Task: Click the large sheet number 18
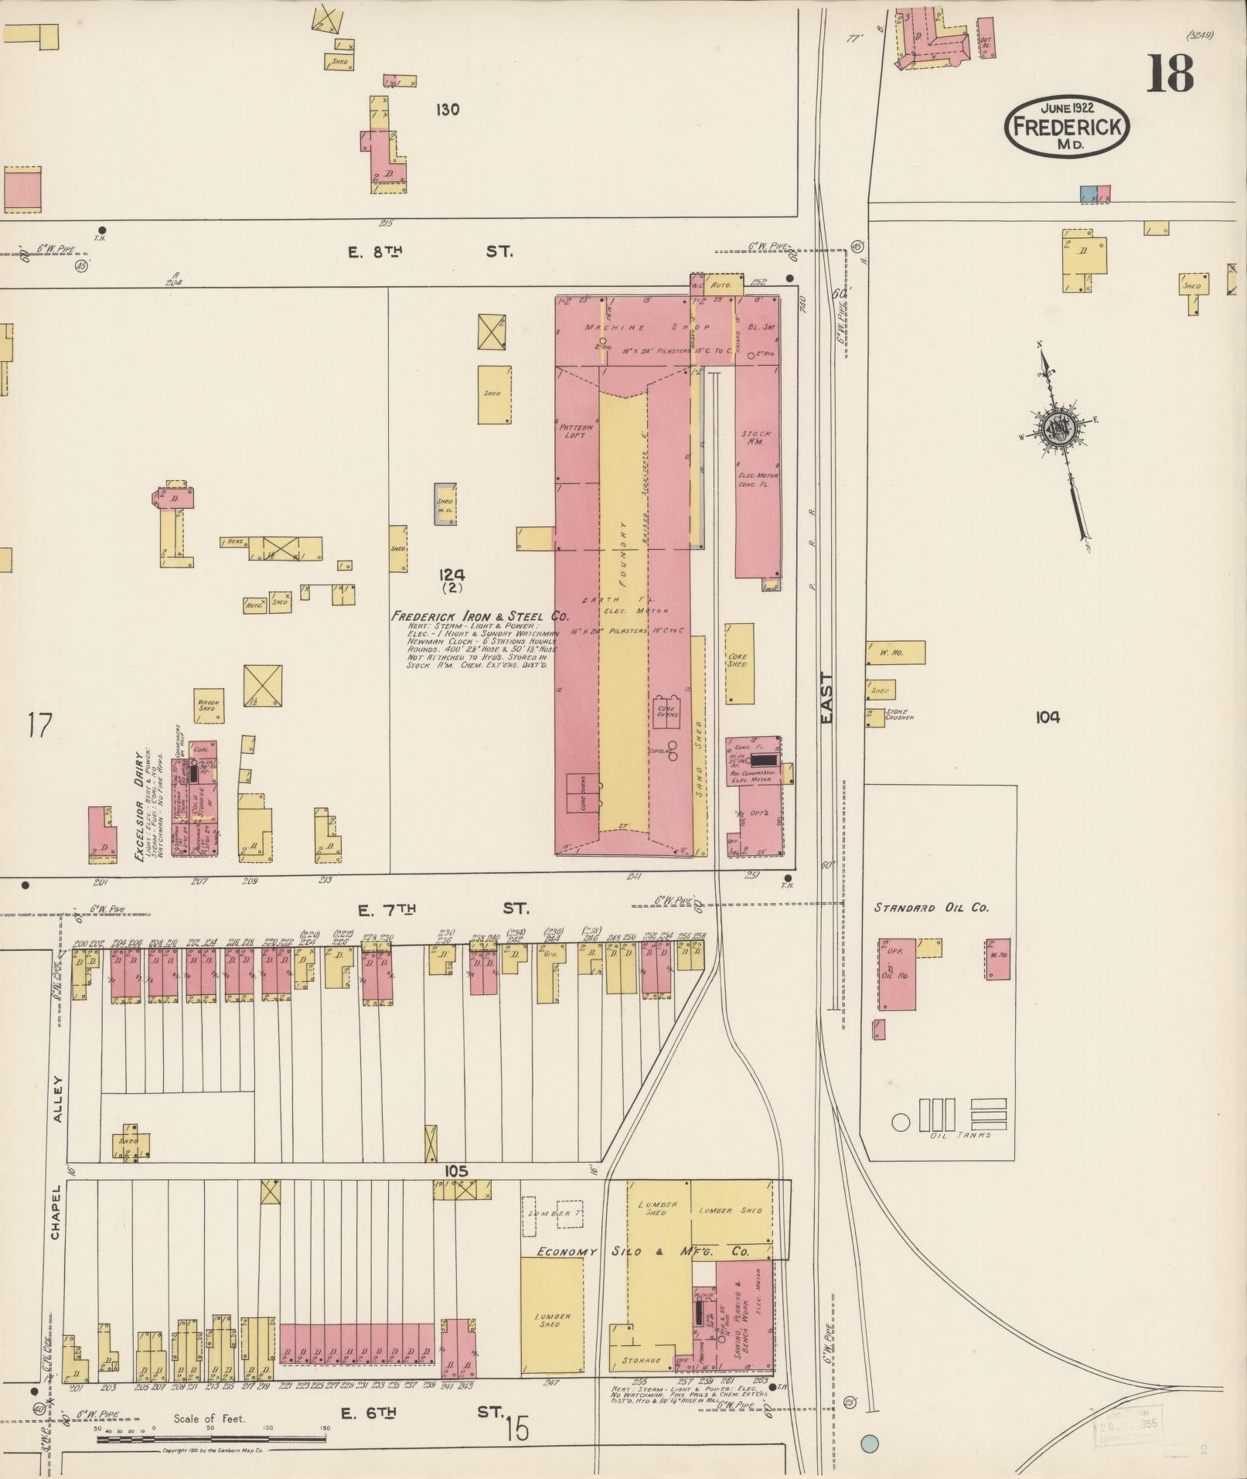[x=1169, y=73]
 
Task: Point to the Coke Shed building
[x=739, y=663]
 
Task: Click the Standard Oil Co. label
[x=931, y=908]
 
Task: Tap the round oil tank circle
[x=901, y=1122]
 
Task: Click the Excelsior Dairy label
[x=142, y=806]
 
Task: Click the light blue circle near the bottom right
[x=870, y=1443]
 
